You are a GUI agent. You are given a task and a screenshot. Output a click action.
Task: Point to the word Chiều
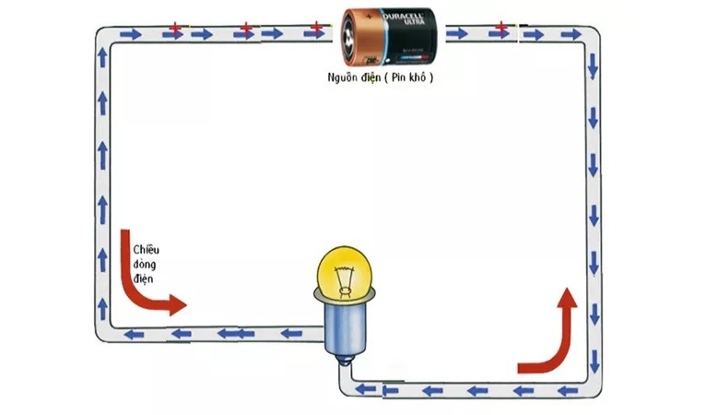coord(147,250)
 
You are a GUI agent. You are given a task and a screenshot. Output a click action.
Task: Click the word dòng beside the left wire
coord(145,264)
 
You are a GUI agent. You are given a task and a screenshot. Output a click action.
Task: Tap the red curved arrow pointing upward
coord(552,332)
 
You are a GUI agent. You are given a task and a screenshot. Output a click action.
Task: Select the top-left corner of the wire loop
coord(102,35)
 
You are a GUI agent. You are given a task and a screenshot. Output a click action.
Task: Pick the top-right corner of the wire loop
coord(593,35)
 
